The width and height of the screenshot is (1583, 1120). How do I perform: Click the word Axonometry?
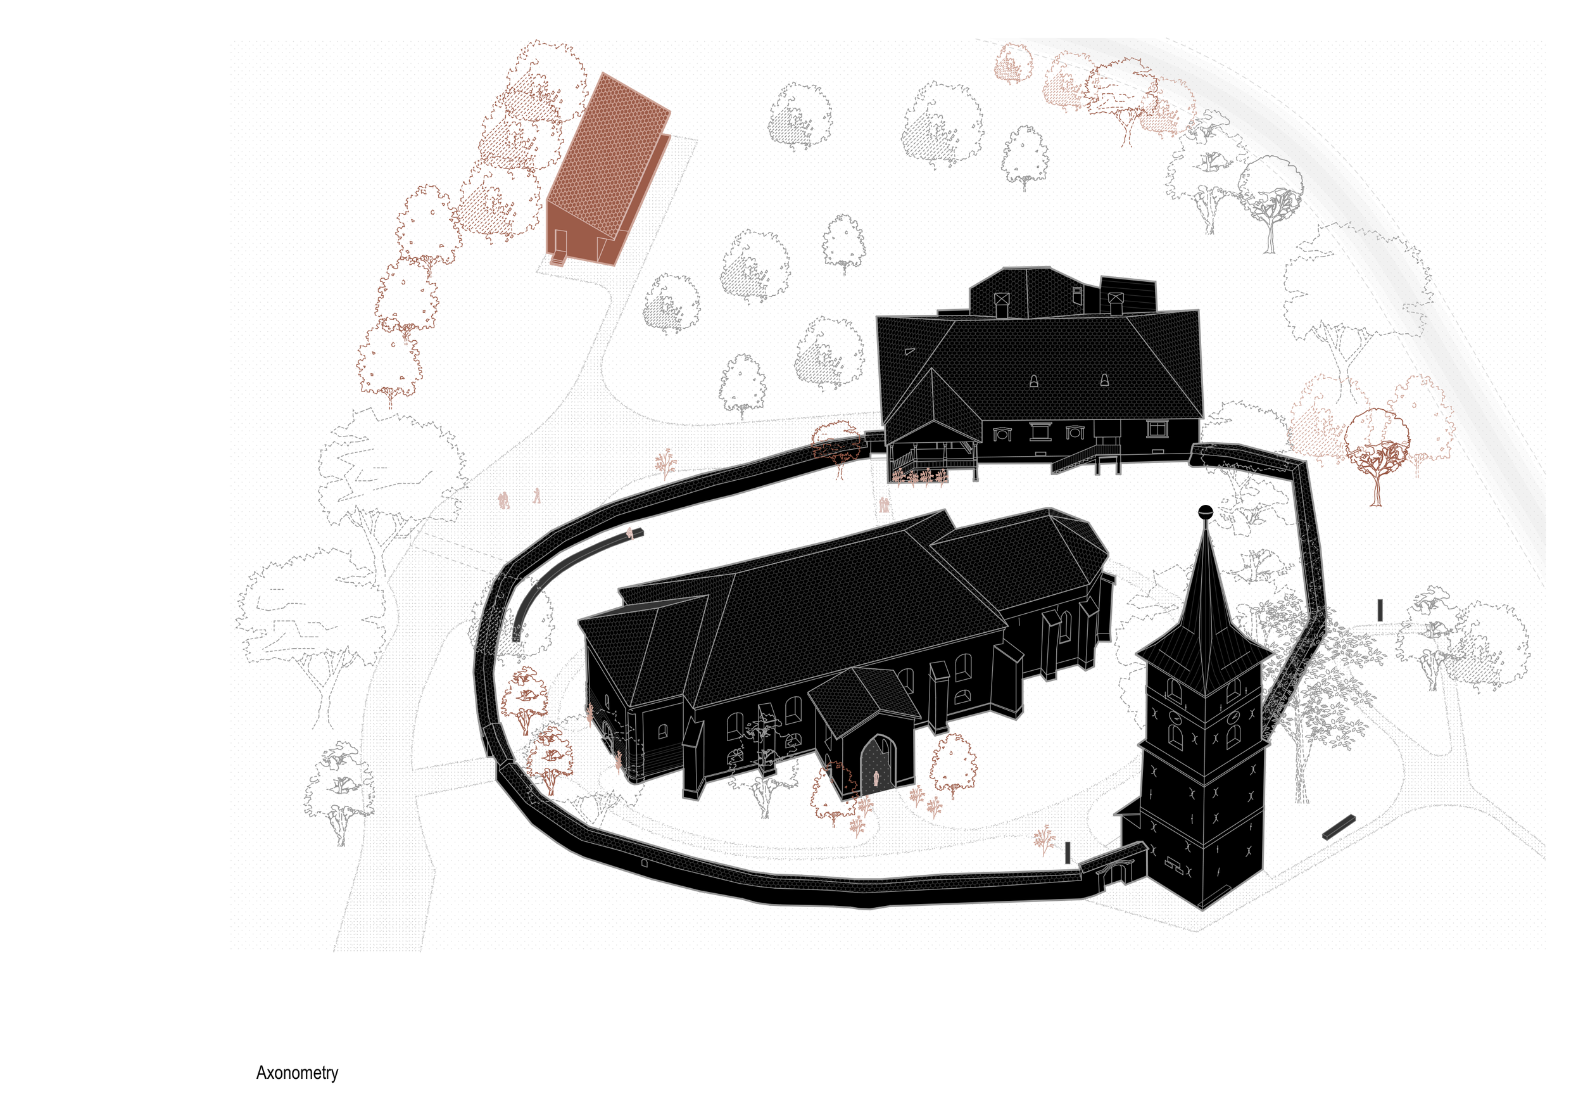coord(297,1073)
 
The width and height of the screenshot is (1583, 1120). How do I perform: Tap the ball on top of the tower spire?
coord(1205,511)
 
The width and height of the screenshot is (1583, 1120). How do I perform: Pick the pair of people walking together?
coord(504,500)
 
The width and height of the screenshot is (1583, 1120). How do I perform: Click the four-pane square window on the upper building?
coord(1156,429)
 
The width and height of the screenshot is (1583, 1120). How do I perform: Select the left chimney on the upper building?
coord(1001,303)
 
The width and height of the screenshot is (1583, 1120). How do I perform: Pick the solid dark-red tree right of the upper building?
coord(1377,449)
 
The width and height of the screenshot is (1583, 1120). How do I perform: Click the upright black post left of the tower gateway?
coord(1068,853)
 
